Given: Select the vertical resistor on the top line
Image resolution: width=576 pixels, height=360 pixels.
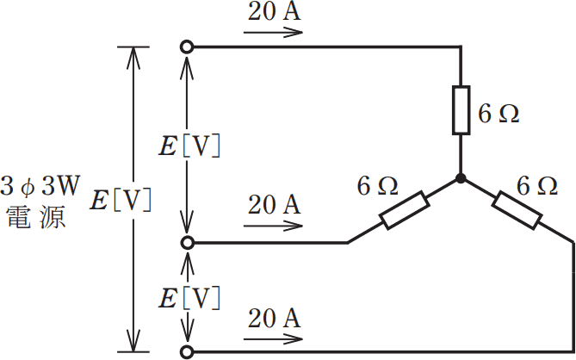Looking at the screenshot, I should pyautogui.click(x=461, y=110).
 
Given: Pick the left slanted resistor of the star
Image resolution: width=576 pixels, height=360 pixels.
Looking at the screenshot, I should pyautogui.click(x=405, y=210).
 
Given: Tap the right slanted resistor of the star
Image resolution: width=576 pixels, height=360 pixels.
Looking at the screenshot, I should pyautogui.click(x=517, y=210).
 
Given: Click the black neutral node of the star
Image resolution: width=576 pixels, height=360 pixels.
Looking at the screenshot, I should pyautogui.click(x=461, y=178).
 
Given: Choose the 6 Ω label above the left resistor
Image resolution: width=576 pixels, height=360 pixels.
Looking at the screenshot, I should pyautogui.click(x=377, y=184).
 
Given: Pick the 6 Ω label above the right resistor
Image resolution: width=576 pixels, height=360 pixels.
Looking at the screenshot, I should pyautogui.click(x=536, y=184).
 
